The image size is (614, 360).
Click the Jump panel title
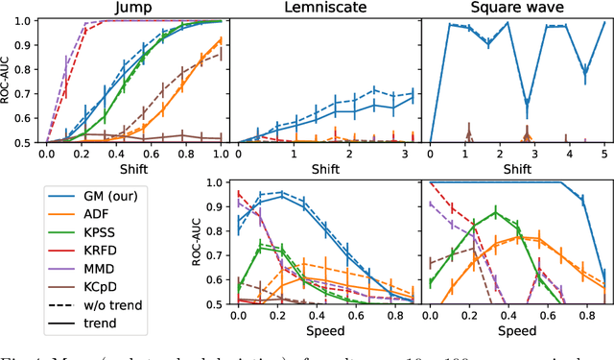[x=132, y=8]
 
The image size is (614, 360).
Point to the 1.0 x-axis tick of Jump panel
[x=220, y=153]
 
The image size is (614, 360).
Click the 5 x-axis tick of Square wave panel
[x=602, y=153]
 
